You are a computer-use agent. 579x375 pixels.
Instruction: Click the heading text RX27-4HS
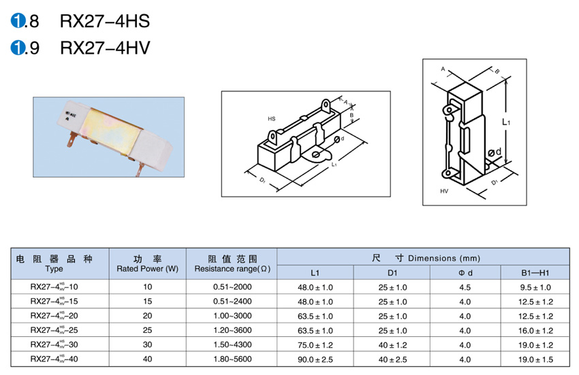click(105, 21)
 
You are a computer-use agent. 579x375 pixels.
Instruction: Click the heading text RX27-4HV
click(105, 48)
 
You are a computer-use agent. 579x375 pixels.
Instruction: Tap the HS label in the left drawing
click(272, 119)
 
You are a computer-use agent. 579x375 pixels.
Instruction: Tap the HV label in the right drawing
click(444, 191)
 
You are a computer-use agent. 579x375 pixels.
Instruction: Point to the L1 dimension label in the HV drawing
click(506, 122)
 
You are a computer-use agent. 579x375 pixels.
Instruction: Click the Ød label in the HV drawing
click(495, 152)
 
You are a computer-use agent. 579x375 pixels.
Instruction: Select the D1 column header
click(392, 273)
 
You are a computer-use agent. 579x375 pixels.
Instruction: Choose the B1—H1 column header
click(535, 273)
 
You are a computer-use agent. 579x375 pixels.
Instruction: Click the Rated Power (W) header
click(147, 269)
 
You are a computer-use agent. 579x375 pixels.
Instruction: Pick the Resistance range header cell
click(232, 264)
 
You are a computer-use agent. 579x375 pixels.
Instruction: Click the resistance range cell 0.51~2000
click(232, 287)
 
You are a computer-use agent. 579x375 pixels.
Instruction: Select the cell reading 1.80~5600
click(232, 359)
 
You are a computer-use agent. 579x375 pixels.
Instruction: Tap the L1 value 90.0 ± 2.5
click(315, 359)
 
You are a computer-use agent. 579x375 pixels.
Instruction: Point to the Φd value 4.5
click(465, 287)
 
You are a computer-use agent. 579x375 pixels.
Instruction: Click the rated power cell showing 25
click(147, 330)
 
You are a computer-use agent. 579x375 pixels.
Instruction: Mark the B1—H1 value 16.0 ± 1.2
click(535, 331)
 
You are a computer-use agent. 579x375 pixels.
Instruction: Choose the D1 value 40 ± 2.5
click(392, 359)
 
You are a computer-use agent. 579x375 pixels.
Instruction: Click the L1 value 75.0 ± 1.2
click(315, 345)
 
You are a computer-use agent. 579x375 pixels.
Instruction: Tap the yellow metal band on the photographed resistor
click(111, 130)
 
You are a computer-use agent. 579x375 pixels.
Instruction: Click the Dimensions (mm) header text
click(444, 259)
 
